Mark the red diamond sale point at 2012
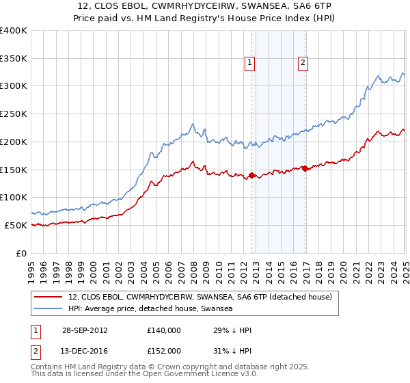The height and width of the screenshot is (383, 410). pos(252,176)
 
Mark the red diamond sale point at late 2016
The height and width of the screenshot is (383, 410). pos(305,169)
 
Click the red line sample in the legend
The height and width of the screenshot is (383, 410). pos(49,298)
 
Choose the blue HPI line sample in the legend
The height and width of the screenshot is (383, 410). pos(49,308)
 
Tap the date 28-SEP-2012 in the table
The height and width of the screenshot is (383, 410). pos(84,330)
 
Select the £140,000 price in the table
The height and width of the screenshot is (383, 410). pos(164,330)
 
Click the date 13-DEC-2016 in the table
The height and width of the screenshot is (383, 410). pos(84,350)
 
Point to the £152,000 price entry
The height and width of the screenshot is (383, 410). pos(164,350)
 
